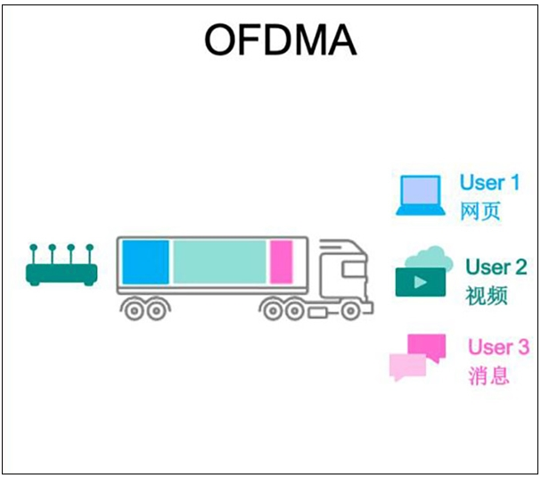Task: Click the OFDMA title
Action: pyautogui.click(x=280, y=39)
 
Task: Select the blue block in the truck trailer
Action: pyautogui.click(x=144, y=261)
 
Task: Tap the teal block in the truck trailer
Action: pyautogui.click(x=219, y=261)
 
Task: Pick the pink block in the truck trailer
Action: pyautogui.click(x=281, y=261)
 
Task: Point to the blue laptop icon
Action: pyautogui.click(x=421, y=195)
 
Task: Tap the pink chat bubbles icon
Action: pyautogui.click(x=416, y=357)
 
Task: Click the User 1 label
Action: pyautogui.click(x=489, y=183)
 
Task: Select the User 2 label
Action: pyautogui.click(x=496, y=268)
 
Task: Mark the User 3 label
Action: pyautogui.click(x=498, y=347)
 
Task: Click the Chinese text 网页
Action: pyautogui.click(x=480, y=212)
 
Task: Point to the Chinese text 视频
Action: pyautogui.click(x=487, y=295)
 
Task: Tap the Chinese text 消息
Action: pyautogui.click(x=489, y=375)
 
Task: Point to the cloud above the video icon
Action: pyautogui.click(x=426, y=256)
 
